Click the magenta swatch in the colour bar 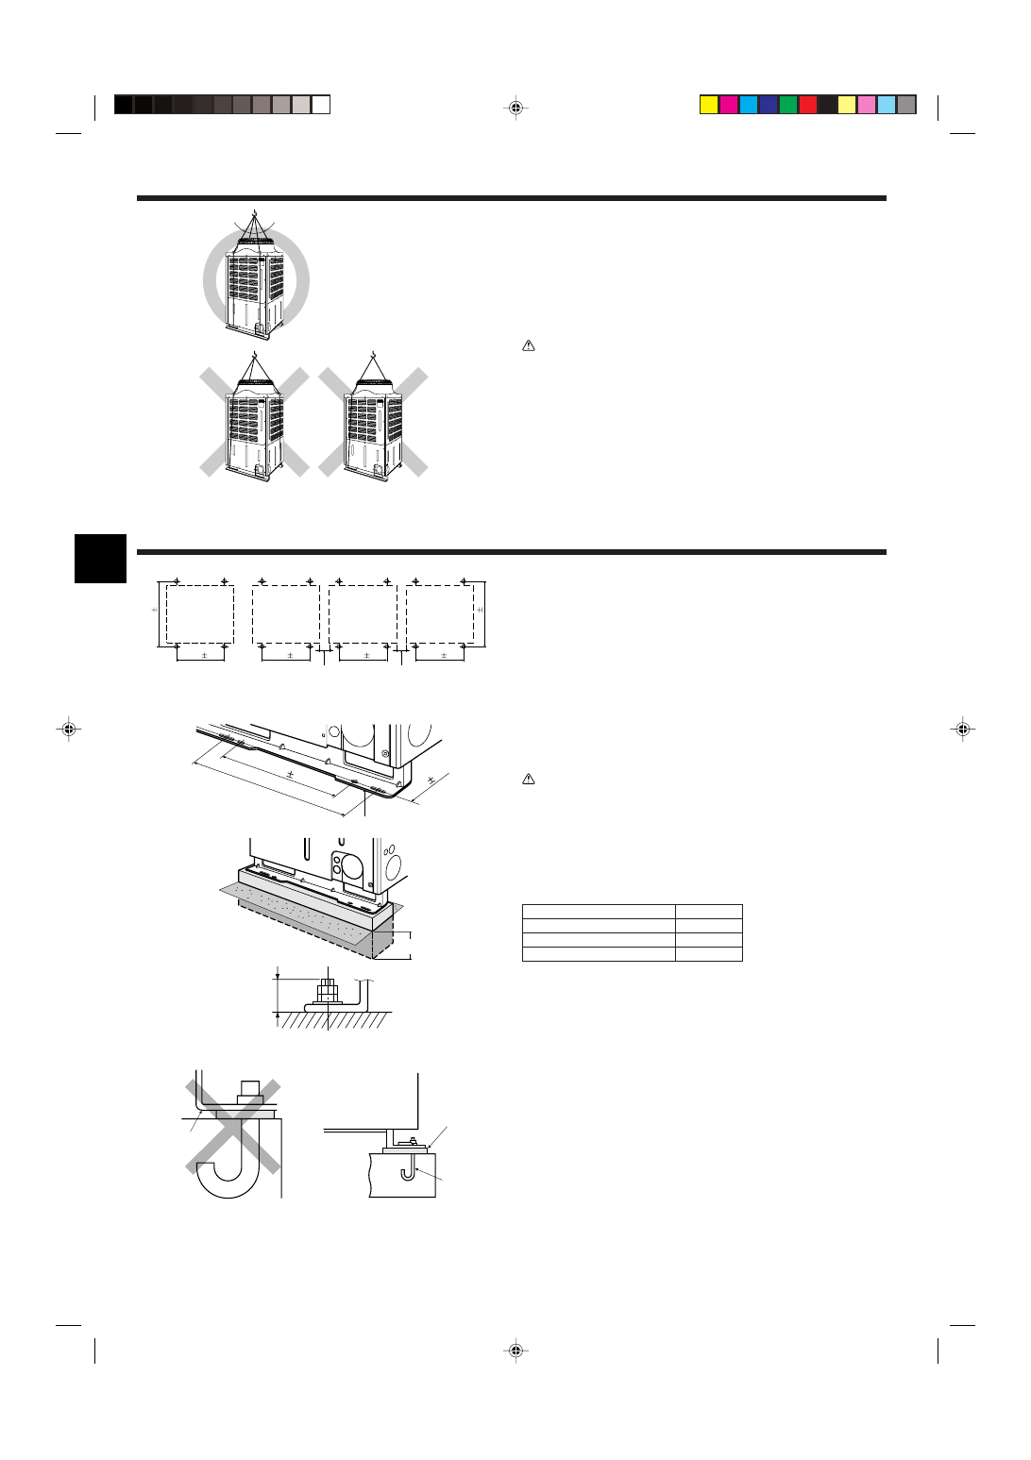pos(729,105)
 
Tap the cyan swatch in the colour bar pos(749,105)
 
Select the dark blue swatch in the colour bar pos(769,105)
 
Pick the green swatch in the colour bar pos(788,105)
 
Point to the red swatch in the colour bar pos(808,105)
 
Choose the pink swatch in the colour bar pos(867,105)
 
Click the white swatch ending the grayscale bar pos(321,105)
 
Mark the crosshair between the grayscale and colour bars pos(515,107)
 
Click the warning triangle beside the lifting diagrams pos(529,346)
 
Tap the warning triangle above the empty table pos(529,780)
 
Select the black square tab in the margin pos(100,559)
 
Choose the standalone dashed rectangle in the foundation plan pos(200,614)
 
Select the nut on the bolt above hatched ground pos(328,992)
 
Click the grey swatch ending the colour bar pos(906,105)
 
